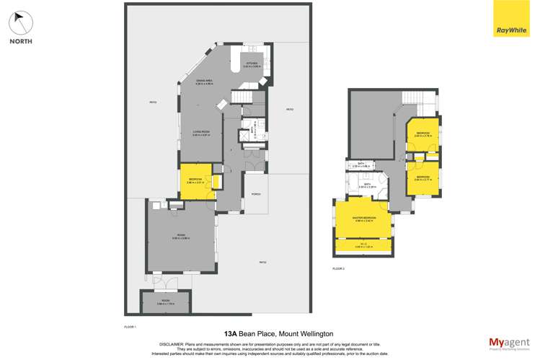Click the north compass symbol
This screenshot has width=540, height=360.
pyautogui.click(x=21, y=22)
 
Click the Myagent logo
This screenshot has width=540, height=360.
pyautogui.click(x=508, y=343)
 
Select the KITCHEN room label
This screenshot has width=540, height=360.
pyautogui.click(x=252, y=65)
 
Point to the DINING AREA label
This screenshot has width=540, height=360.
pyautogui.click(x=204, y=82)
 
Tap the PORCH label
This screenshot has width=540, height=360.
pyautogui.click(x=255, y=195)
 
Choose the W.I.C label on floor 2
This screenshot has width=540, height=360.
pyautogui.click(x=364, y=246)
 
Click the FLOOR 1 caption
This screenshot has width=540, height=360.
pyautogui.click(x=130, y=326)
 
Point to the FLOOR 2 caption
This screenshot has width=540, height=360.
pyautogui.click(x=339, y=268)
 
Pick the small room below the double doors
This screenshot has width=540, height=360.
pyautogui.click(x=166, y=302)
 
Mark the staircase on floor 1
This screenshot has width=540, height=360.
pyautogui.click(x=242, y=97)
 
